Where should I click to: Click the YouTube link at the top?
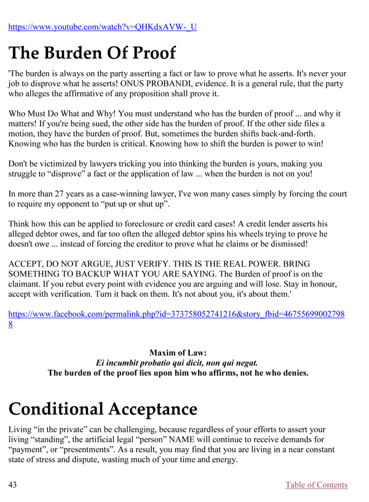(102, 26)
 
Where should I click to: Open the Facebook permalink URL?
(176, 314)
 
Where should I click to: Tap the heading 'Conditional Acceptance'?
(103, 408)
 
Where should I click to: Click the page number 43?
(13, 485)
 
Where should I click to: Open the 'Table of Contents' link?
(316, 485)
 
